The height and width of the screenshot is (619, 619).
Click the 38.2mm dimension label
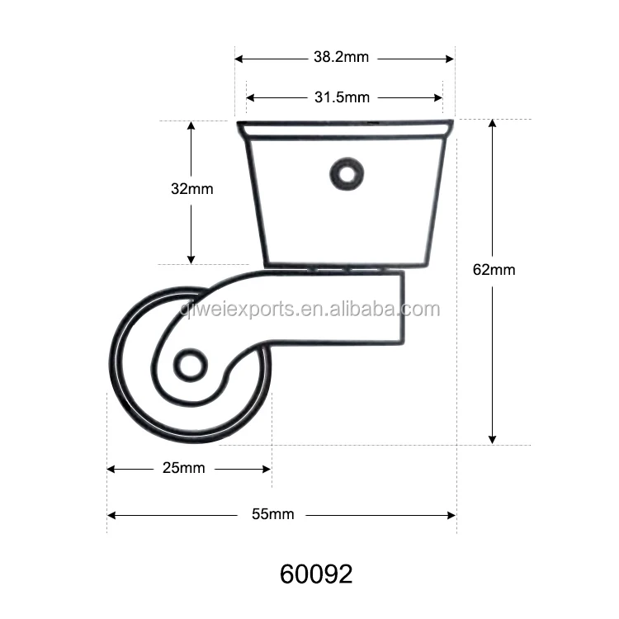[x=341, y=57]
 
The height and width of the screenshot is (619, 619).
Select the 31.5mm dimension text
[x=342, y=97]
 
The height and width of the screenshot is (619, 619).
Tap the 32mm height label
[x=191, y=189]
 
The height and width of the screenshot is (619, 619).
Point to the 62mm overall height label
[x=494, y=270]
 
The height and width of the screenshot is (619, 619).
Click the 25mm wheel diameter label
[x=183, y=468]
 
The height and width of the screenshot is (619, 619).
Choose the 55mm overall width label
[x=273, y=514]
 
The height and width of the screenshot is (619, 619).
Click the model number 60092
[x=316, y=574]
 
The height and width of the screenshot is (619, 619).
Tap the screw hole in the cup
[x=347, y=174]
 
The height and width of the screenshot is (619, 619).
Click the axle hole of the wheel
[x=191, y=365]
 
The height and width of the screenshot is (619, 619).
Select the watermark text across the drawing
[x=309, y=309]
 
